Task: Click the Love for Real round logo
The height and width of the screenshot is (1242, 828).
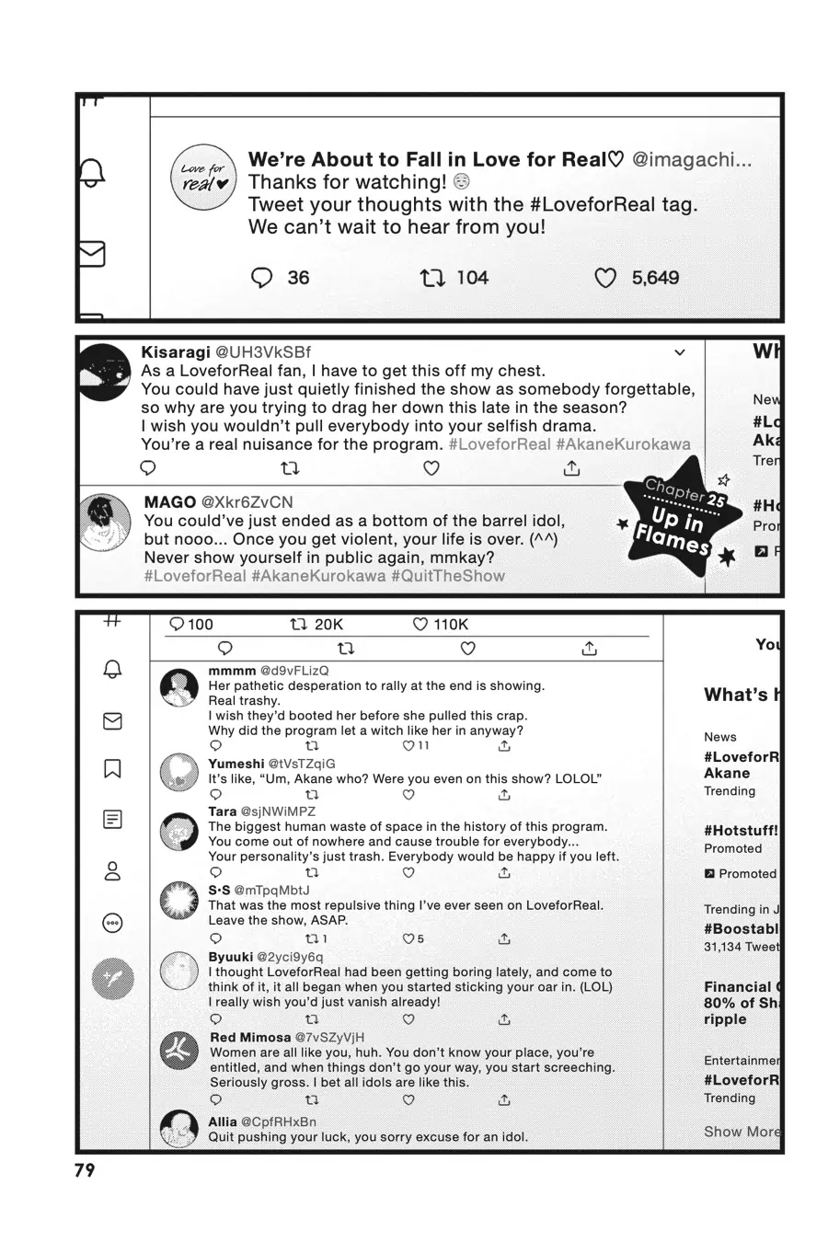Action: [x=203, y=177]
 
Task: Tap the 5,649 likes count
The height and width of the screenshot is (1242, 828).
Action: [x=655, y=278]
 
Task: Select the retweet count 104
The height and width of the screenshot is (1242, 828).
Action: [x=472, y=278]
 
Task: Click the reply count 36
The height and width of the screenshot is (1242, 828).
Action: [x=298, y=278]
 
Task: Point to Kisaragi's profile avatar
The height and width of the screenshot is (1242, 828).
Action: [x=104, y=373]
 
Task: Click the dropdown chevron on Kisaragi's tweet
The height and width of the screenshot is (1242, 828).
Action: [x=680, y=352]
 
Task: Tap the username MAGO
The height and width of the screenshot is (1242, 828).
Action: [x=170, y=502]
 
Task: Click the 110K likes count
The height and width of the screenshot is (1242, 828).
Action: [x=450, y=625]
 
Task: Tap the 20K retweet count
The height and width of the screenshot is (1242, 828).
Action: [x=328, y=625]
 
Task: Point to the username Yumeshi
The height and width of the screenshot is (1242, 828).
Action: [x=236, y=764]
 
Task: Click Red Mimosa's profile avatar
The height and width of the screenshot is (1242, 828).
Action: [x=179, y=1050]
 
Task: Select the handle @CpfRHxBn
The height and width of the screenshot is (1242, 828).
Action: [x=278, y=1121]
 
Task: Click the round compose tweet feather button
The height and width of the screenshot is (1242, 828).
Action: [x=113, y=977]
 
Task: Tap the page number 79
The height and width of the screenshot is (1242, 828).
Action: [x=85, y=1170]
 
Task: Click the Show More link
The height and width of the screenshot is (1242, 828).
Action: [x=742, y=1132]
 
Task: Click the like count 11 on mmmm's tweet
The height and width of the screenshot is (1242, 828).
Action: [x=423, y=745]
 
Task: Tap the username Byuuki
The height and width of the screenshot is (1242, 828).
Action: [x=230, y=957]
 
